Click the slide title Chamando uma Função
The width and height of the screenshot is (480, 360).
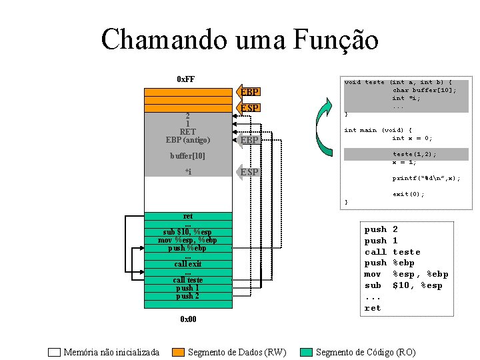[239, 40]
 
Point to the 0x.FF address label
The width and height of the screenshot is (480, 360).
[186, 79]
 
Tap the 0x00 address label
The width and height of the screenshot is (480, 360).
[188, 319]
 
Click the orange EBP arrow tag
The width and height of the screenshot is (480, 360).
[249, 92]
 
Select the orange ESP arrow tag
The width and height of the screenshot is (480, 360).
[249, 108]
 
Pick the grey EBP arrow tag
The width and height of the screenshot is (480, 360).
[249, 140]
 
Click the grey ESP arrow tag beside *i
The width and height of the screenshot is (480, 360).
[249, 173]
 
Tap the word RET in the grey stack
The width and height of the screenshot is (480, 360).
[188, 132]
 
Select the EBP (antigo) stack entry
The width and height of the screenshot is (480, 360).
[188, 140]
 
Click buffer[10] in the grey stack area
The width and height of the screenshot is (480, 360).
[187, 156]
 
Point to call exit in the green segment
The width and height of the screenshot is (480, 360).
[188, 264]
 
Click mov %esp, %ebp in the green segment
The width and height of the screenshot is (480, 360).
[187, 240]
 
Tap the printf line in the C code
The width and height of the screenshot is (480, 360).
[426, 178]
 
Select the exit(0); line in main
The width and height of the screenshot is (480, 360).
[408, 194]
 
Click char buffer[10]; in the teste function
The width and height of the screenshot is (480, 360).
[424, 90]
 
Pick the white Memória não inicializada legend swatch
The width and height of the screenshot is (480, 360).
[55, 352]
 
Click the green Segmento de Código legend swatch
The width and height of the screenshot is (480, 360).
[307, 352]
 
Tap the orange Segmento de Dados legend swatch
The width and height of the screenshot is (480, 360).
[178, 352]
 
